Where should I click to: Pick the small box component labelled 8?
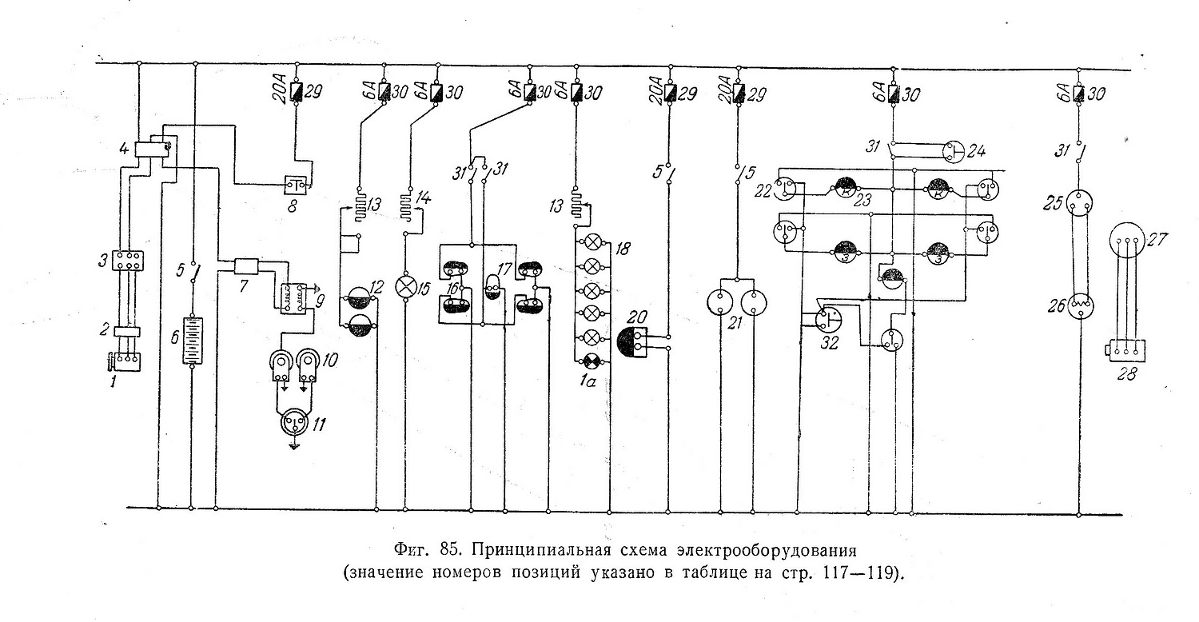(297, 186)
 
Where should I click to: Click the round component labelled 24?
(956, 151)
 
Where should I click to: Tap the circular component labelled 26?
(1079, 305)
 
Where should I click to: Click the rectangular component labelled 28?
(1127, 349)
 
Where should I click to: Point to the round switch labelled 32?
(828, 319)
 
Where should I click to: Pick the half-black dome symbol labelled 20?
(639, 342)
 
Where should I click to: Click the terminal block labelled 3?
(128, 261)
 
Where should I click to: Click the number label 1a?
(592, 382)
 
